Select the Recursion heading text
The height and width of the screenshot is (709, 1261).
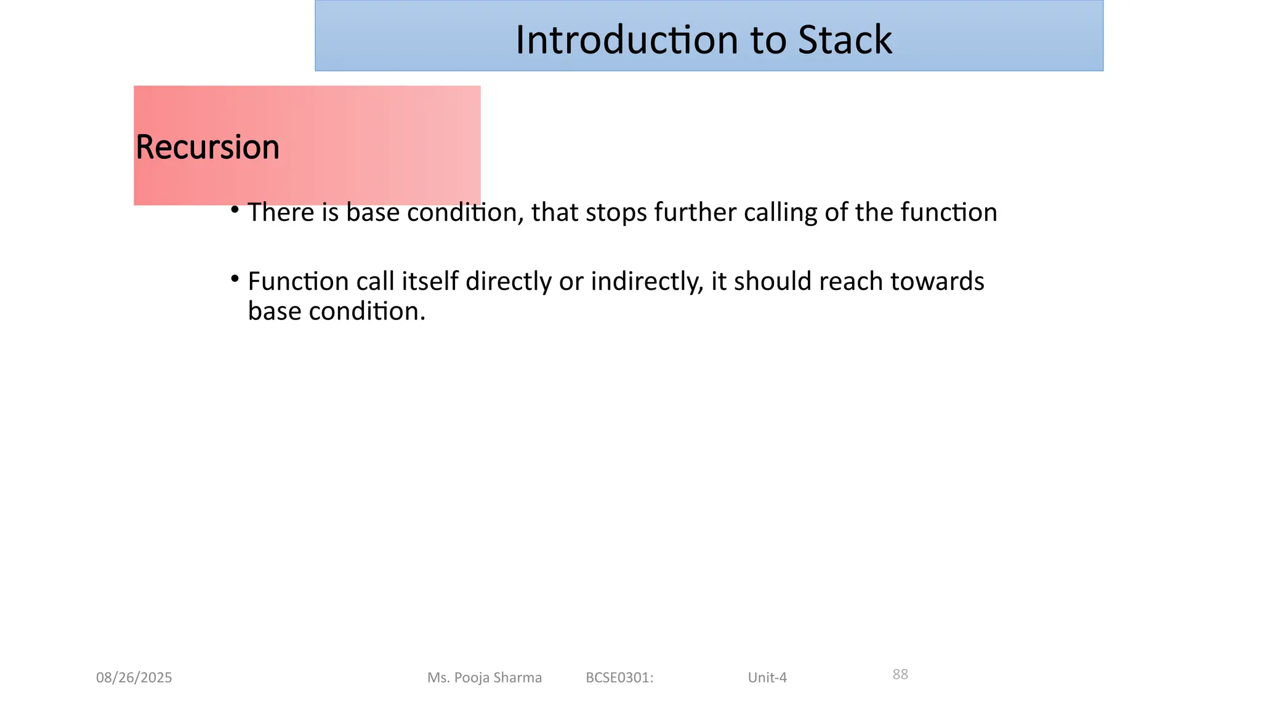[207, 147]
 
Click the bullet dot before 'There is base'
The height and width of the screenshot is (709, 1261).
[235, 210]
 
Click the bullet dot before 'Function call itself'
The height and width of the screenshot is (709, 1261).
[235, 279]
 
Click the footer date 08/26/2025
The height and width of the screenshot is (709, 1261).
[134, 678]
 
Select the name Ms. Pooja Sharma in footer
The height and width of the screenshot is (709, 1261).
[485, 678]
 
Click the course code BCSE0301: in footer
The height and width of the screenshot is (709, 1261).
[619, 678]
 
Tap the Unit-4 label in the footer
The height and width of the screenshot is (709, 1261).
[767, 678]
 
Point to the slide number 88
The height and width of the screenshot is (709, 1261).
[900, 675]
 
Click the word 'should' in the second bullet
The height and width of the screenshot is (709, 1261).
[772, 282]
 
